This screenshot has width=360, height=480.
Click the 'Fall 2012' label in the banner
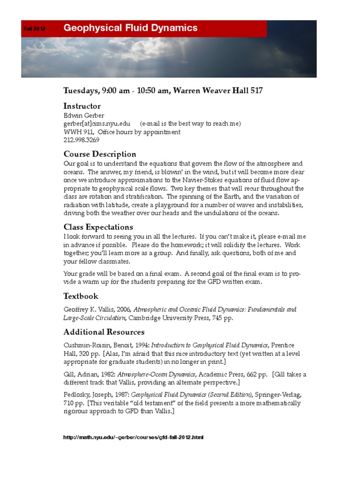point(34,29)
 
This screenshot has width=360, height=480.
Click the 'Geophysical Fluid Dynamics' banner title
point(130,28)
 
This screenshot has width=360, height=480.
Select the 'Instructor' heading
point(82,106)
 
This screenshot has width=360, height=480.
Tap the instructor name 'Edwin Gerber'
point(84,115)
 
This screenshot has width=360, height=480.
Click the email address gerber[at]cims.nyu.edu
point(97,124)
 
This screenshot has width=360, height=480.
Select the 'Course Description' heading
point(100,154)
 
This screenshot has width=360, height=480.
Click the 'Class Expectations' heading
point(98,227)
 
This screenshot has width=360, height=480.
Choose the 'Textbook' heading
point(81,296)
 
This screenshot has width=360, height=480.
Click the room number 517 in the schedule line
point(256,90)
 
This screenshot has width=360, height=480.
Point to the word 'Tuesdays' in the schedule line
point(81,90)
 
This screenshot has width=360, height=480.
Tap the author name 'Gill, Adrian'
point(80,375)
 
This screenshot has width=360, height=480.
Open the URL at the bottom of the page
point(134,437)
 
